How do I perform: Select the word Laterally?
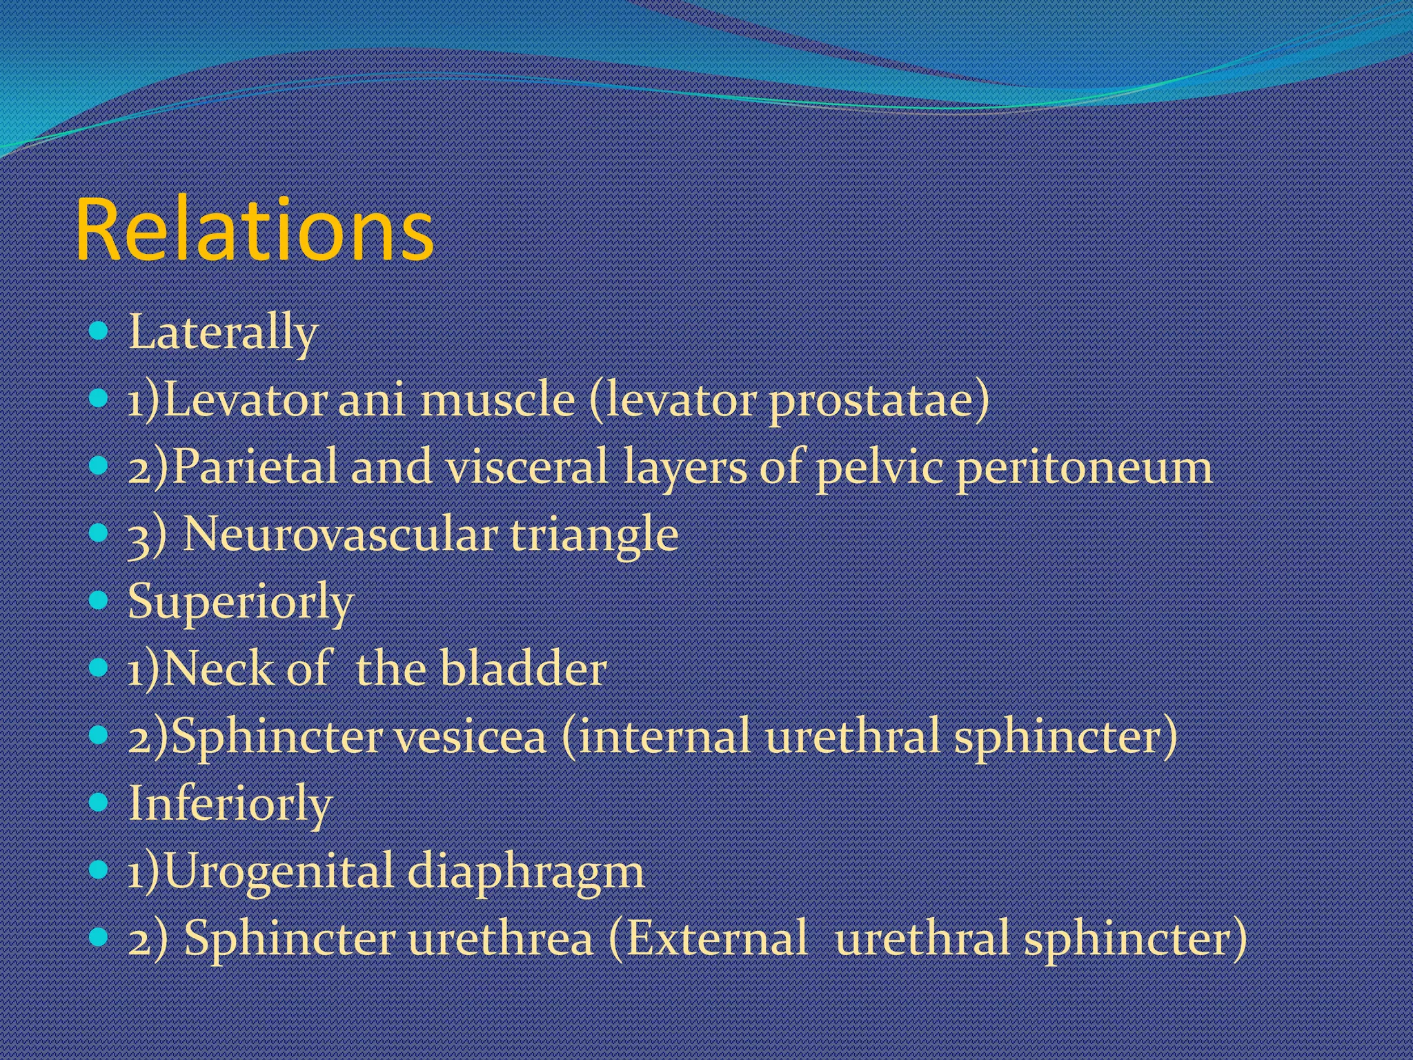[223, 333]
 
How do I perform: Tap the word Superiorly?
[240, 602]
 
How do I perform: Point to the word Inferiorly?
[230, 804]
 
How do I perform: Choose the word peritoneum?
[1084, 468]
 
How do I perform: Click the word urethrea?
[500, 939]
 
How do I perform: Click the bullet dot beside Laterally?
[99, 331]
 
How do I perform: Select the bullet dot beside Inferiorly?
[99, 802]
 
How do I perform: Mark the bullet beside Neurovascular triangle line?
[99, 533]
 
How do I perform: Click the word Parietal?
[255, 467]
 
